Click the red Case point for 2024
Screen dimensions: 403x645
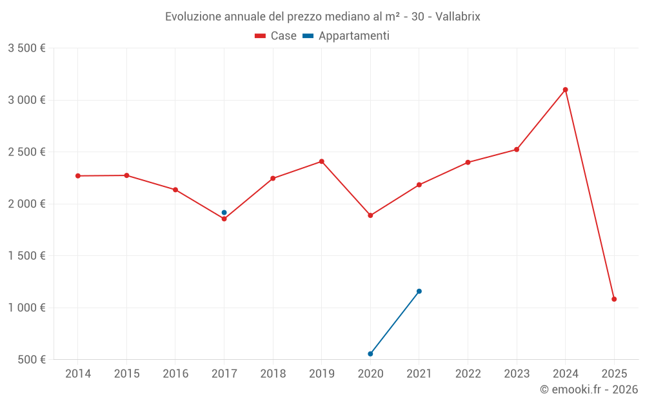(565, 90)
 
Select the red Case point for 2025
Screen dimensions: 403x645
(614, 299)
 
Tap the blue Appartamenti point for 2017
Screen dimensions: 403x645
(224, 213)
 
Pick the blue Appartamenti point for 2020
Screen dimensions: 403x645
(370, 354)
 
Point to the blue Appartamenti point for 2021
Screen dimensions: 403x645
(419, 291)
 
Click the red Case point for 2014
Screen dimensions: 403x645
(78, 176)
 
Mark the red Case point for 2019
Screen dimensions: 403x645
(321, 161)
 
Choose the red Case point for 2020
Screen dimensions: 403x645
(370, 215)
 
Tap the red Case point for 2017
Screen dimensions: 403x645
(224, 219)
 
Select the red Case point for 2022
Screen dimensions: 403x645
(468, 162)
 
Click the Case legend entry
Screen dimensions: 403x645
(276, 36)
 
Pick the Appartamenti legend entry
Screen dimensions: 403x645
(346, 36)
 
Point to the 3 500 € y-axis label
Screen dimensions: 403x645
(26, 48)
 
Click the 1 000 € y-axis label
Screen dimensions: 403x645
(26, 308)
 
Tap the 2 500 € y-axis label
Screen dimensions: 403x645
(26, 152)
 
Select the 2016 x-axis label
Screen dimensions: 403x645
(175, 374)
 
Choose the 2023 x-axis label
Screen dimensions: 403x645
(517, 374)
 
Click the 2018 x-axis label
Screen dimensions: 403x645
(273, 374)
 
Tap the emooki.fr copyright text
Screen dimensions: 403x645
(589, 389)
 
